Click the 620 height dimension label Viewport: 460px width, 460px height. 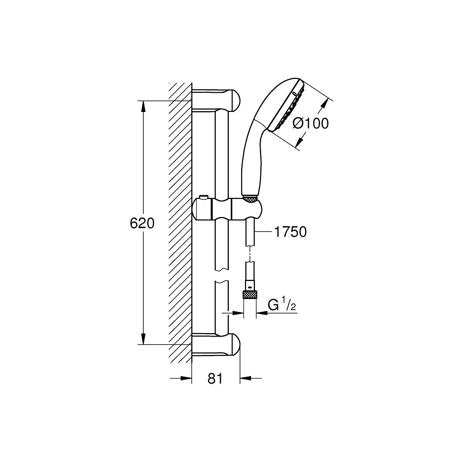point(142,223)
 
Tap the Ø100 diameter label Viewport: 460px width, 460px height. point(310,123)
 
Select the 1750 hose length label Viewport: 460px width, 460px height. point(290,232)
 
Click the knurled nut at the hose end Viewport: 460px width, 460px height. point(250,295)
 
